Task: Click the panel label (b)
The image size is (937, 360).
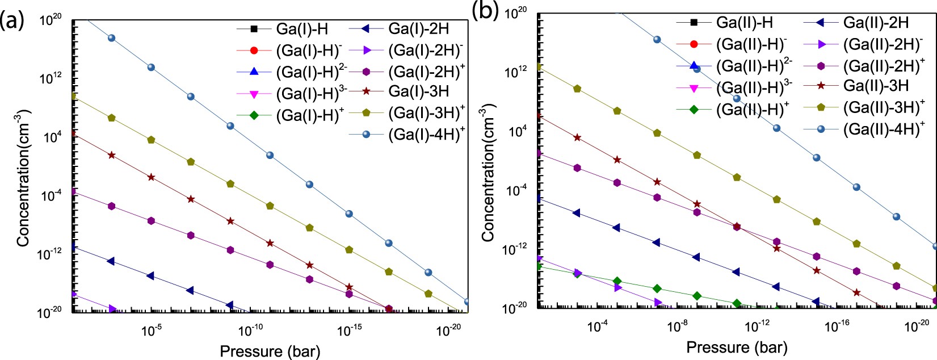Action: tap(484, 11)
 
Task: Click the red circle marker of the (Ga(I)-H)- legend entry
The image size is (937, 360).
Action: tap(254, 51)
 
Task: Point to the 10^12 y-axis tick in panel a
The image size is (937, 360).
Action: tap(50, 78)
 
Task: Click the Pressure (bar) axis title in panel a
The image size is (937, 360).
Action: tap(270, 351)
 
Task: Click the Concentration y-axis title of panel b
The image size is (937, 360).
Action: tap(488, 172)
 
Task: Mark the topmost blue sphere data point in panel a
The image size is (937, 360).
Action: tap(112, 38)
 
